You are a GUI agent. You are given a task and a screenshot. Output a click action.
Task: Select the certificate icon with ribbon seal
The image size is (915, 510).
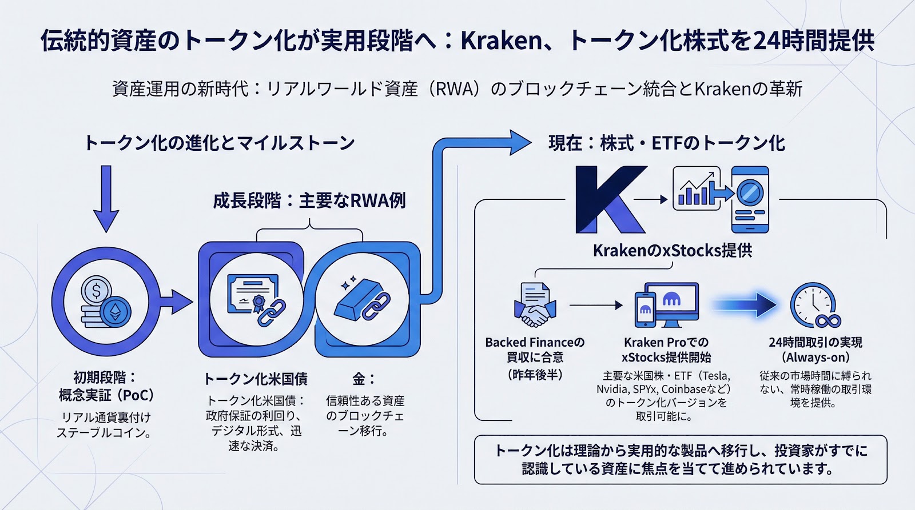pyautogui.click(x=256, y=299)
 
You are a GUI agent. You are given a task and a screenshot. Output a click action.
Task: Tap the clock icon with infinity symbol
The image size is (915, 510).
pyautogui.click(x=816, y=306)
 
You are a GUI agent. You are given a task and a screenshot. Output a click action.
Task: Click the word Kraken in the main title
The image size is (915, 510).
pyautogui.click(x=501, y=41)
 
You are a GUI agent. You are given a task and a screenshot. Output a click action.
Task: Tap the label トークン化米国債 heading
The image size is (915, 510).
pyautogui.click(x=256, y=379)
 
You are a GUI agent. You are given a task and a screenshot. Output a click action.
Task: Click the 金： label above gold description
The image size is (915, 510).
pyautogui.click(x=364, y=379)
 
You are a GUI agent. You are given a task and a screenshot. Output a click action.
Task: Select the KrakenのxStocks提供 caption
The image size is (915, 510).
pyautogui.click(x=672, y=251)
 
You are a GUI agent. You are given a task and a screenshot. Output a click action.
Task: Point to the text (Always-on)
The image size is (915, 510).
pyautogui.click(x=815, y=358)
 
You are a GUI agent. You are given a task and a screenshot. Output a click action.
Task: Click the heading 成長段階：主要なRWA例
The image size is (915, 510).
pyautogui.click(x=309, y=200)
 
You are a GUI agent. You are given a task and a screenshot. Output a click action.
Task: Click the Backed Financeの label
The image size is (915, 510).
pyautogui.click(x=535, y=342)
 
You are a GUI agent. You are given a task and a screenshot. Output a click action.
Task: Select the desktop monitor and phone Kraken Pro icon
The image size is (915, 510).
pyautogui.click(x=666, y=304)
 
